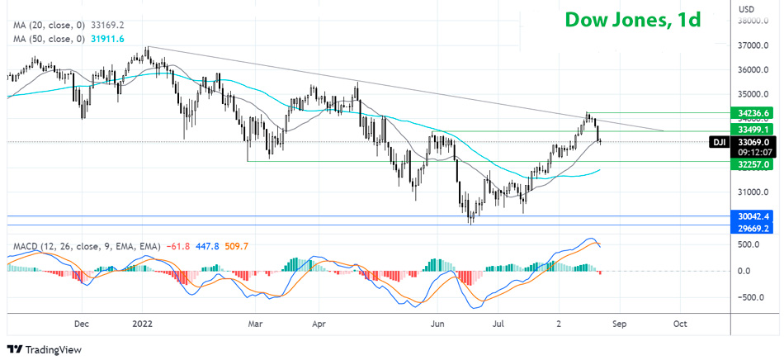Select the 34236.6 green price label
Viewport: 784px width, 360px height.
[755, 112]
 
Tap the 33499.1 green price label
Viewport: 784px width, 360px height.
[755, 130]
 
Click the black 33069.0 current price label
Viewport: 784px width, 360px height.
[755, 142]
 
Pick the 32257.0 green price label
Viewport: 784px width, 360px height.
[755, 164]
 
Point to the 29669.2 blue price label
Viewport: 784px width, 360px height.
[755, 228]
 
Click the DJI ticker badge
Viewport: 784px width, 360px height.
[720, 142]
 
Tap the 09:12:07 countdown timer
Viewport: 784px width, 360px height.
[755, 152]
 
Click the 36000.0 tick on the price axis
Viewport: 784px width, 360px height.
[753, 69]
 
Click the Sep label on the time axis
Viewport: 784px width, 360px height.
[620, 324]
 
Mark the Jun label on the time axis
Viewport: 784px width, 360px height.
[438, 324]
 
